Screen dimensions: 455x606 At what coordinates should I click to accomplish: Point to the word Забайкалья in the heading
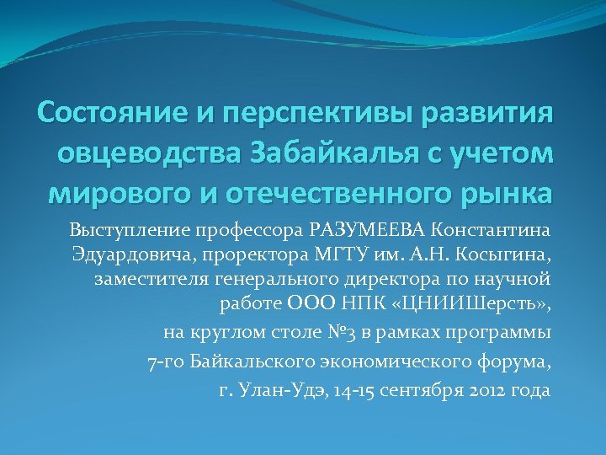330,155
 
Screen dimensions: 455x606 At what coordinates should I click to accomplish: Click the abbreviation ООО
311,304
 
